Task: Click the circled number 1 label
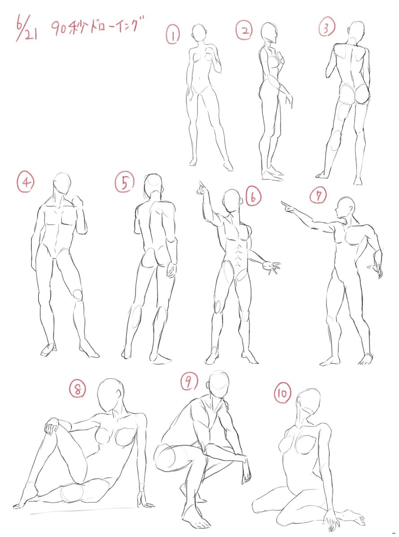[173, 35]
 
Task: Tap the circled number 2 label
[244, 30]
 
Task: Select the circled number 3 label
[326, 26]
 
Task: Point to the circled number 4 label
[26, 182]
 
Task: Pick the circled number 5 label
[125, 182]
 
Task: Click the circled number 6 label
[253, 196]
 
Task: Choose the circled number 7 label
[318, 195]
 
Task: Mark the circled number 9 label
[189, 381]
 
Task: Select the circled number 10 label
[282, 393]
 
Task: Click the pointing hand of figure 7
[288, 206]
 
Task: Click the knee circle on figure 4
[78, 295]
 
